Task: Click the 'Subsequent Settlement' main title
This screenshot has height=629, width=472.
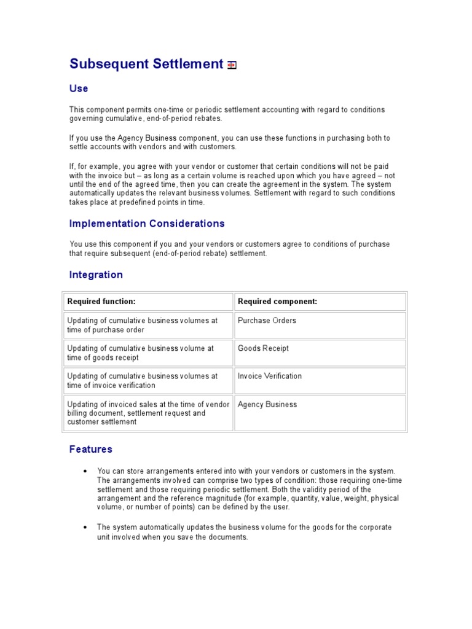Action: [146, 64]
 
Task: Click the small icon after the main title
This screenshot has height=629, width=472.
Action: [232, 65]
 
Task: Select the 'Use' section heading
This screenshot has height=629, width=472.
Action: [79, 88]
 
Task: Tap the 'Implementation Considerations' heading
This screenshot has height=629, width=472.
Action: [147, 224]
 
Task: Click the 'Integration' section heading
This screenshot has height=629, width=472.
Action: [96, 275]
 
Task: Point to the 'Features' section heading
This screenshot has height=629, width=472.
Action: [90, 449]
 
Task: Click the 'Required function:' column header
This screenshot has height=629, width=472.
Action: [101, 302]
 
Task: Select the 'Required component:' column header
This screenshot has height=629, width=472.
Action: [277, 302]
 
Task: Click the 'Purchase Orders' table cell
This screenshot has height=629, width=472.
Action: [267, 321]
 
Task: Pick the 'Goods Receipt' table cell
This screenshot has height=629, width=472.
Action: [263, 348]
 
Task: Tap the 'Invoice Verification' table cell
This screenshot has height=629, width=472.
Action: [270, 376]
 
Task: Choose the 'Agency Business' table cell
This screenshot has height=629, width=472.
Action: [267, 405]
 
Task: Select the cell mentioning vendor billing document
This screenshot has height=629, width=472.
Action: [148, 413]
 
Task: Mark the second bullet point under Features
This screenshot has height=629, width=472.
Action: [243, 532]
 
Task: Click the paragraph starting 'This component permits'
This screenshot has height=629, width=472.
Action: [227, 114]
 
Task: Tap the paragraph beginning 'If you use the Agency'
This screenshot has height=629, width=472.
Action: [229, 143]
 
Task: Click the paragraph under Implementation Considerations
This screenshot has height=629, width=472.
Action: [229, 249]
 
